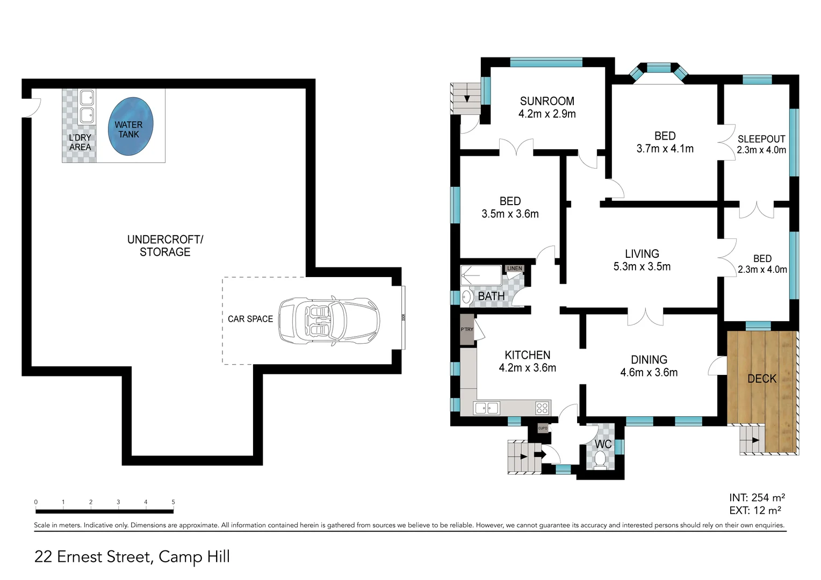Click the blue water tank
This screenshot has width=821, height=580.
tap(131, 127)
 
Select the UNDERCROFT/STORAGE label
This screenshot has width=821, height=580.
tap(165, 245)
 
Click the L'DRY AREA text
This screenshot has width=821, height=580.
tap(80, 142)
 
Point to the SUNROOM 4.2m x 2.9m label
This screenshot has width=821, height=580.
tap(547, 107)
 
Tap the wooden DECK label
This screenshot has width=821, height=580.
tap(762, 379)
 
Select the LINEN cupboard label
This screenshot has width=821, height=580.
tap(514, 269)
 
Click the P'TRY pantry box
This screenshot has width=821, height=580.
tap(467, 330)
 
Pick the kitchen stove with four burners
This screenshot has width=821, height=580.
tap(542, 408)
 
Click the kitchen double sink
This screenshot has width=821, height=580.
tap(486, 408)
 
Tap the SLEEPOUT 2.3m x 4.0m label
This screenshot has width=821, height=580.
tap(761, 144)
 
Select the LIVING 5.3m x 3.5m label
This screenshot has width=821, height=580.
tap(642, 260)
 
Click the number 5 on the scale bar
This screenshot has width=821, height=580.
tap(173, 502)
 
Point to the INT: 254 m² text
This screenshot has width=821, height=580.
tap(757, 498)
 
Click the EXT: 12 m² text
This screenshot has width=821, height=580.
tap(755, 511)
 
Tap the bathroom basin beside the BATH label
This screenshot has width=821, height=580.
tap(466, 296)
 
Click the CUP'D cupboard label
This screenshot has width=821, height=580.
tap(543, 428)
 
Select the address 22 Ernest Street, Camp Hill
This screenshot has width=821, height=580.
tap(132, 557)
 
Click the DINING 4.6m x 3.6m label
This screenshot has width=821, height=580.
tap(649, 366)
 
